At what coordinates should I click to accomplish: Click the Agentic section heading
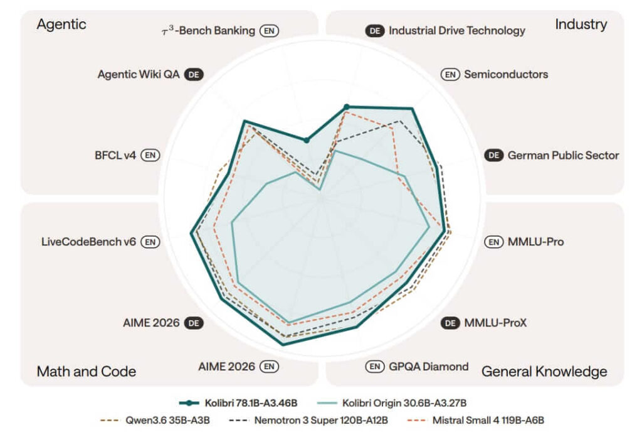[x=61, y=24]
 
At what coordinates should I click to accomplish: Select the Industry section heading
[x=581, y=24]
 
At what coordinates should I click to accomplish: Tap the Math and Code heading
[x=87, y=371]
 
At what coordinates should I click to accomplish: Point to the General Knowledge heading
[x=544, y=371]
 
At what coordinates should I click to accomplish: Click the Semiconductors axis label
[x=506, y=74]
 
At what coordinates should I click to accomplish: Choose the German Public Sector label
[x=564, y=155]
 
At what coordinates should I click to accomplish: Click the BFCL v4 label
[x=115, y=155]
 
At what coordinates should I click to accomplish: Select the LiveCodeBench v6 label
[x=88, y=242]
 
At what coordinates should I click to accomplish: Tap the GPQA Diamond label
[x=429, y=367]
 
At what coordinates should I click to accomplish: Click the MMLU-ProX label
[x=495, y=323]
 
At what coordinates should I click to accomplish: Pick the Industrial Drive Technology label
[x=457, y=31]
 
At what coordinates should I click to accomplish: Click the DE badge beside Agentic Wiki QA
[x=194, y=75]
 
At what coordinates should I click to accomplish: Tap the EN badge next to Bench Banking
[x=269, y=31]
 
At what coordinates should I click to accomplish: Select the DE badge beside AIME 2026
[x=194, y=323]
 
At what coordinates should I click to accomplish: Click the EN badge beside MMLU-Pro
[x=494, y=242]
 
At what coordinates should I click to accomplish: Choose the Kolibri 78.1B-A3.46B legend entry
[x=238, y=403]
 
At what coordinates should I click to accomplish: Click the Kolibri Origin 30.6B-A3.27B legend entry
[x=392, y=403]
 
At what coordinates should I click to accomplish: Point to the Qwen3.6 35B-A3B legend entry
[x=155, y=420]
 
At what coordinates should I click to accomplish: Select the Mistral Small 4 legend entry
[x=476, y=420]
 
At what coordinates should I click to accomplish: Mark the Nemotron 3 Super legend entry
[x=308, y=420]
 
